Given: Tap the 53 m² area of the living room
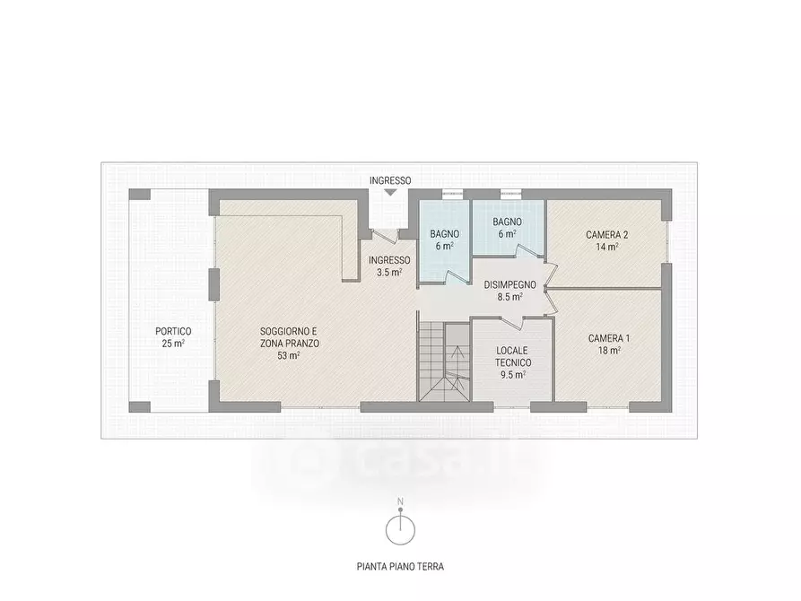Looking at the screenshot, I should pyautogui.click(x=289, y=355).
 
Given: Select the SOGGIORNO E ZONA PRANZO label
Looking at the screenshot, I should pyautogui.click(x=289, y=337).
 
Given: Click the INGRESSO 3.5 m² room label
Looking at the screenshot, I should pyautogui.click(x=388, y=266).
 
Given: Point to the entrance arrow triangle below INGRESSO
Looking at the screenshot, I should pyautogui.click(x=389, y=192).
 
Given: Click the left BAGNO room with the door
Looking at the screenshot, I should pyautogui.click(x=444, y=240).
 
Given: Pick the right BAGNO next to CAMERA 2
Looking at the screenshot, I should pyautogui.click(x=507, y=228).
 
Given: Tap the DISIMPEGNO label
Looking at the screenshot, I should pyautogui.click(x=509, y=285).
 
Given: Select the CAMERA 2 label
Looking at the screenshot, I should pyautogui.click(x=607, y=235).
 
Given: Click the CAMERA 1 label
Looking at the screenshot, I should pyautogui.click(x=609, y=338).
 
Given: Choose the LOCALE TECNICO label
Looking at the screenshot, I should pyautogui.click(x=513, y=356).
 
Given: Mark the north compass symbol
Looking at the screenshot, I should pyautogui.click(x=400, y=529).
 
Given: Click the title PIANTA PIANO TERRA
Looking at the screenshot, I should pyautogui.click(x=400, y=566).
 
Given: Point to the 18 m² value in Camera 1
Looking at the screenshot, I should pyautogui.click(x=609, y=351).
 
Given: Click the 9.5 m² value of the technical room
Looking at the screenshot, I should pyautogui.click(x=513, y=374).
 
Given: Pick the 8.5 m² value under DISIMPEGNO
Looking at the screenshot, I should pyautogui.click(x=509, y=297).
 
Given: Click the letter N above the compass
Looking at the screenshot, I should pyautogui.click(x=401, y=502).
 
